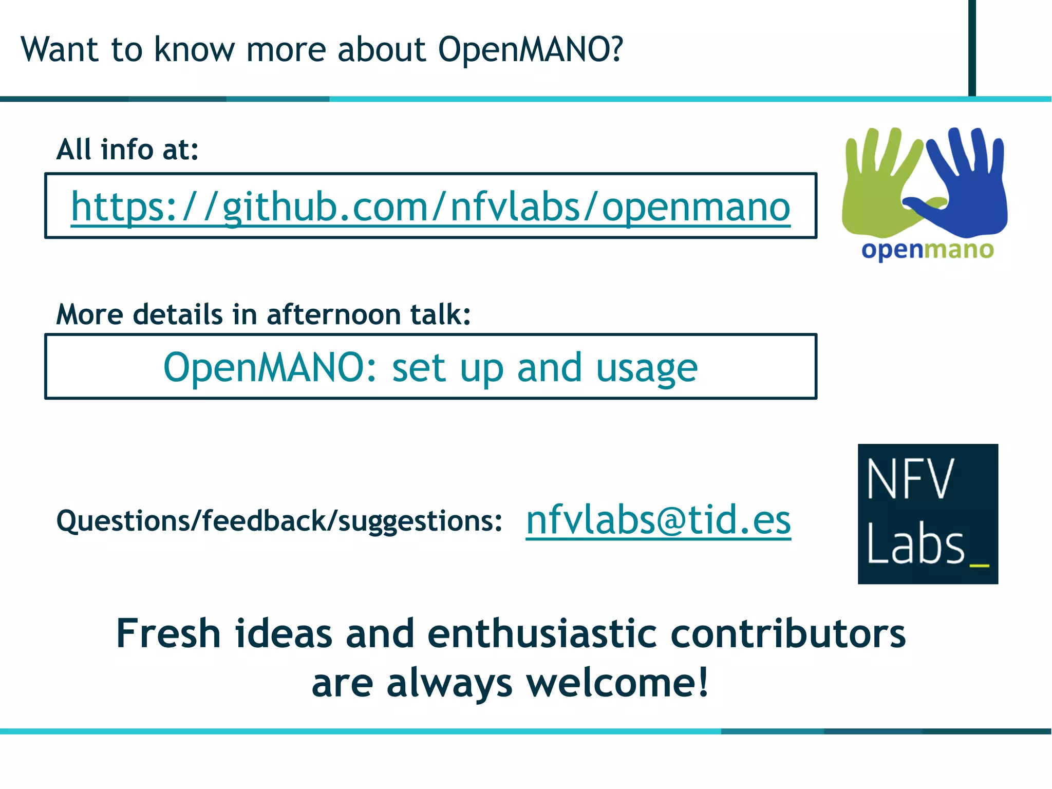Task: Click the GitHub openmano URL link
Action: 430,206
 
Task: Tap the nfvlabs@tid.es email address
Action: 658,520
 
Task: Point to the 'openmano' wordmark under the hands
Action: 927,250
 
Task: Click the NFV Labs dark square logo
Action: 928,514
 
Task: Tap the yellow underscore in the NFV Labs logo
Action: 979,565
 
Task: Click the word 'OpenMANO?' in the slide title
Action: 530,50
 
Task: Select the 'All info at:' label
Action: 127,149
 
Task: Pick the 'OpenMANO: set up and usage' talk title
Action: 430,368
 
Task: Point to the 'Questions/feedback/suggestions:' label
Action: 279,520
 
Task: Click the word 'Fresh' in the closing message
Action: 168,633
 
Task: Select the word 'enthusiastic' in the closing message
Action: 542,633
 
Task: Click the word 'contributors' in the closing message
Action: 787,633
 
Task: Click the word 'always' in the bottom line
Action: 449,684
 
